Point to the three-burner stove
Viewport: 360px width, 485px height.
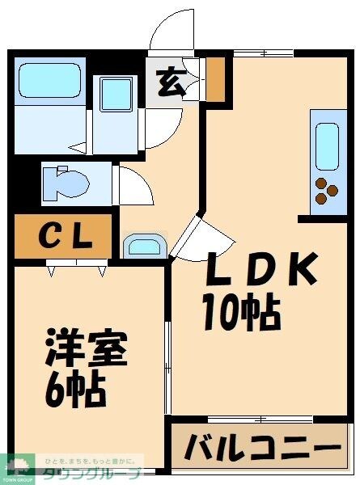click(x=327, y=191)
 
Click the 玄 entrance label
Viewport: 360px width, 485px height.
click(x=170, y=83)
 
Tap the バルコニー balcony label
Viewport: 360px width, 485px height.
click(x=261, y=448)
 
